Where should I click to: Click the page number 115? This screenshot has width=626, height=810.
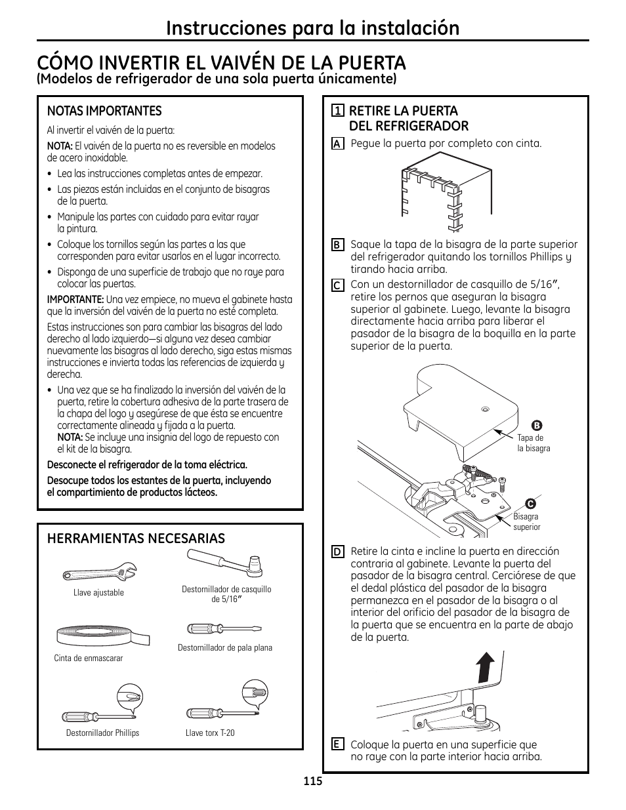tap(313, 782)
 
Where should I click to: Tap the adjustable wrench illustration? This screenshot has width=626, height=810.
tap(100, 573)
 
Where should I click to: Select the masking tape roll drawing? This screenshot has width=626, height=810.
tap(103, 635)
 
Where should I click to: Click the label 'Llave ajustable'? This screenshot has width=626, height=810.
tap(98, 593)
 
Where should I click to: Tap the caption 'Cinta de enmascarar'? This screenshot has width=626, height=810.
tap(89, 658)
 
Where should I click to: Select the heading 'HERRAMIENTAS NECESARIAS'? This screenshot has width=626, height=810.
tap(136, 538)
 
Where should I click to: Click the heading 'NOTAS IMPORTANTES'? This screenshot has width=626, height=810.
tap(104, 111)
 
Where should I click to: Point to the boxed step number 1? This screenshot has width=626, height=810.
tap(337, 110)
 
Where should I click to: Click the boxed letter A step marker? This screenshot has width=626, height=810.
tap(337, 144)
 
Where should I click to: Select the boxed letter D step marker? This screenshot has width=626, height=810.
tap(337, 552)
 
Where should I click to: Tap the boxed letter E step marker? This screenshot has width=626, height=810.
tap(337, 744)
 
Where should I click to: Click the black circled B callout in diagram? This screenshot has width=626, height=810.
tap(535, 425)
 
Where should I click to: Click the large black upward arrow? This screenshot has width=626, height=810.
tap(484, 669)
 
